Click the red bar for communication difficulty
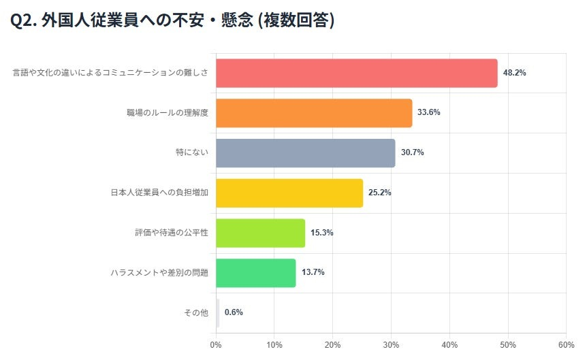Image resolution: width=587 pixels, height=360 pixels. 356,73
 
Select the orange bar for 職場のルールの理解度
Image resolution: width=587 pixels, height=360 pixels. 314,113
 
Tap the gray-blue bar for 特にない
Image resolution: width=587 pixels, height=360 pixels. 305,153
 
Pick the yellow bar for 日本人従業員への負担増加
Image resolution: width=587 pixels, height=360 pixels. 289,193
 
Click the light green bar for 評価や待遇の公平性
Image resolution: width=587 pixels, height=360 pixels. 260,233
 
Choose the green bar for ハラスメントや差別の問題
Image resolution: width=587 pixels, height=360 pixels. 255,273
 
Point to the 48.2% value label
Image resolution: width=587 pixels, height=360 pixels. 514,73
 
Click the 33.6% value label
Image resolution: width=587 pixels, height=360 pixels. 429,113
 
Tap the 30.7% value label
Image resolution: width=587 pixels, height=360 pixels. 412,153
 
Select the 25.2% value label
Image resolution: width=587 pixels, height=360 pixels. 380,193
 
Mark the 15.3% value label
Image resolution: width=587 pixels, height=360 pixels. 322,233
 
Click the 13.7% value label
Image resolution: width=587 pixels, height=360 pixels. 313,273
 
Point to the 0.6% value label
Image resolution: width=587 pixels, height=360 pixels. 234,312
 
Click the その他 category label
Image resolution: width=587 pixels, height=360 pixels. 195,313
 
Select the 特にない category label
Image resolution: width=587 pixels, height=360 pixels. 191,153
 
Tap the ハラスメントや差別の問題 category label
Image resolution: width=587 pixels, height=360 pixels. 159,273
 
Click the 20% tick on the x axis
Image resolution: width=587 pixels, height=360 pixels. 332,344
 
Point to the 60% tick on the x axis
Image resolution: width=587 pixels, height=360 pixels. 566,344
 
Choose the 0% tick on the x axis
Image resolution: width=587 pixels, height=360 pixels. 216,344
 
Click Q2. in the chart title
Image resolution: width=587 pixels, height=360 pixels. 23,21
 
